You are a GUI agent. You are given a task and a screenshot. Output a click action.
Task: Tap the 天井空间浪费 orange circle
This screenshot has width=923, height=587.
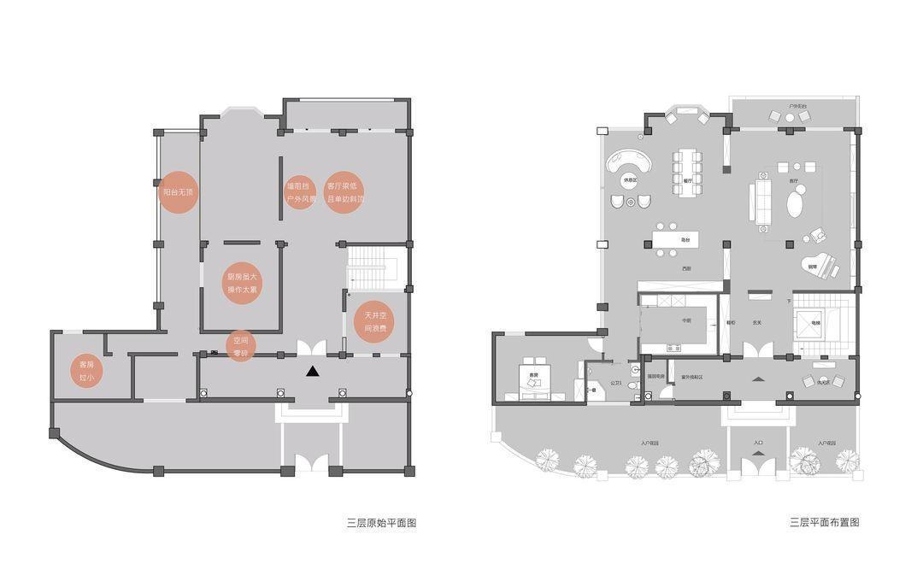tap(375, 321)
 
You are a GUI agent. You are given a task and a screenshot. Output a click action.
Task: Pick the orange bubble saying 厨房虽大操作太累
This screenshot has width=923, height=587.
tap(242, 283)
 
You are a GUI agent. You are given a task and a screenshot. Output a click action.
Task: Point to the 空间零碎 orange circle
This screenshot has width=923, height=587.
tap(240, 346)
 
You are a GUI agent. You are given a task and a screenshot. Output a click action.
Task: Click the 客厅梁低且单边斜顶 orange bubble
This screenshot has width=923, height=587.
tap(344, 192)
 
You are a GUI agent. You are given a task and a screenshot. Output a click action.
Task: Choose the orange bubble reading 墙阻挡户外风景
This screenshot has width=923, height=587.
tap(300, 192)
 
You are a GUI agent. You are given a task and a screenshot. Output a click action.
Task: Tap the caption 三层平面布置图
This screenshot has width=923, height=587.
tap(824, 522)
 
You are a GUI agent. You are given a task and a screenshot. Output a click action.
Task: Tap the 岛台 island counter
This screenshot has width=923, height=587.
tap(676, 239)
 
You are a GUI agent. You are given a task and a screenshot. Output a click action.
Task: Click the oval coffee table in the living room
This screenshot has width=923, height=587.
tap(795, 204)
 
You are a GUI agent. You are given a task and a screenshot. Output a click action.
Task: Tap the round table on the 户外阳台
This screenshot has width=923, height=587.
tap(790, 116)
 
